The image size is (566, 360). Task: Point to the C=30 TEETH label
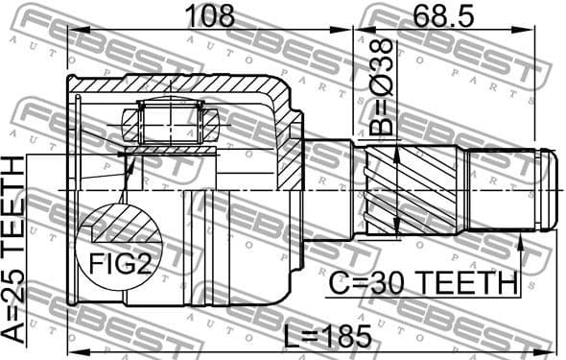click(422, 283)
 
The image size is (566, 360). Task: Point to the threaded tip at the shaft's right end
click(548, 189)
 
